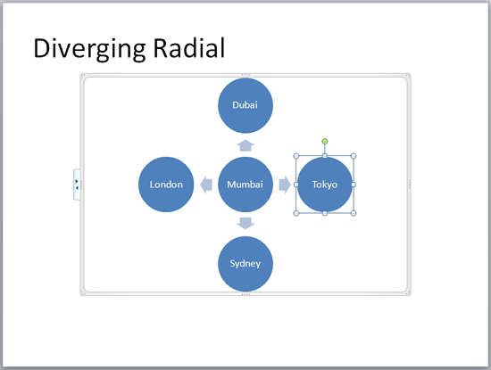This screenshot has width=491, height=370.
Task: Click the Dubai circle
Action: coord(245,105)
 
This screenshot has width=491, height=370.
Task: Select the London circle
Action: coord(166,185)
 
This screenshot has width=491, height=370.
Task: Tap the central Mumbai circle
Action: coord(245,185)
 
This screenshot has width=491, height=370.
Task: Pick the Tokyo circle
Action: coord(325,185)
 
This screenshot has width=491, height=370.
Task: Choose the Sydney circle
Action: coord(245,265)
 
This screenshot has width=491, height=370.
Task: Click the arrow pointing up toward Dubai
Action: coord(245,144)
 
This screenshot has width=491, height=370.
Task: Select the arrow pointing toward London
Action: coord(205,185)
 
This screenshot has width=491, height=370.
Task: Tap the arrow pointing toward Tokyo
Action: coord(285,185)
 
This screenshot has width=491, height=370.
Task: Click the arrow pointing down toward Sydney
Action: coord(245,223)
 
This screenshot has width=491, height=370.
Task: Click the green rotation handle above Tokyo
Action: coord(325,141)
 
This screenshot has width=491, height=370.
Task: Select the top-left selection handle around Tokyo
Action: coord(296,156)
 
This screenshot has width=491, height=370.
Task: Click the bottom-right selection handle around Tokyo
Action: coord(354,214)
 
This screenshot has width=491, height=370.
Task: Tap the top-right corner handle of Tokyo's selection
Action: coord(354,156)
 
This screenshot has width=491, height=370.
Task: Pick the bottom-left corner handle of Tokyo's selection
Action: coord(296,214)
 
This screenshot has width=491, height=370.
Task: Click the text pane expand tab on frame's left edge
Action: coord(77,185)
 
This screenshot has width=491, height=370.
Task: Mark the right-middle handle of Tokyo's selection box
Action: coord(354,185)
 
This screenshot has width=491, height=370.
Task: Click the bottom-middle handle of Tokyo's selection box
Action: coord(325,214)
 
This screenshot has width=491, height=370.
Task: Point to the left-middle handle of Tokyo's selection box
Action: coord(296,185)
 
